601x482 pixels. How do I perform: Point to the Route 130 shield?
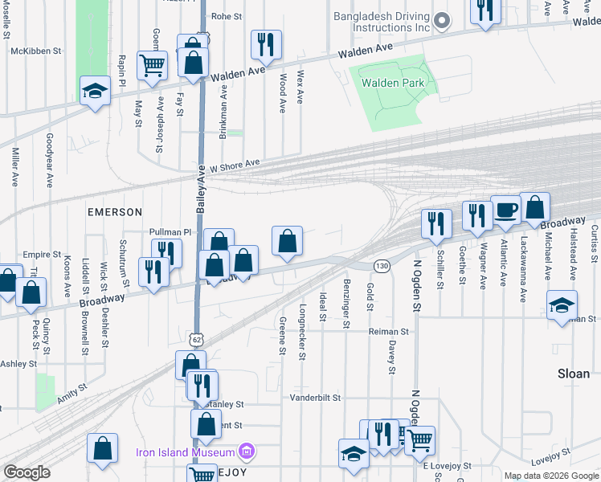tap(382, 265)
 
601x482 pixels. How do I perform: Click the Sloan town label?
tap(573, 374)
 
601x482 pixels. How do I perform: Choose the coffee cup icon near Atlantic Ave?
tap(505, 210)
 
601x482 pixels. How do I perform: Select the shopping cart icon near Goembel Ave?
tap(152, 65)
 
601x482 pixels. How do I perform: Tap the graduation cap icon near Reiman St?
tap(562, 305)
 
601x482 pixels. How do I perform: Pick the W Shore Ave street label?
tap(235, 165)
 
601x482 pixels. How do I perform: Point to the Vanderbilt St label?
tap(315, 398)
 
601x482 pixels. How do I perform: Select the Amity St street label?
tap(72, 393)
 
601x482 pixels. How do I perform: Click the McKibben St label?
tap(36, 51)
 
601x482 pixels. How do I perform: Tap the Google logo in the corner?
tap(27, 472)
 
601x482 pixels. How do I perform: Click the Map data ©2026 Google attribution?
tap(551, 476)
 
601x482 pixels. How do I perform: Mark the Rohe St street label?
tap(227, 15)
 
